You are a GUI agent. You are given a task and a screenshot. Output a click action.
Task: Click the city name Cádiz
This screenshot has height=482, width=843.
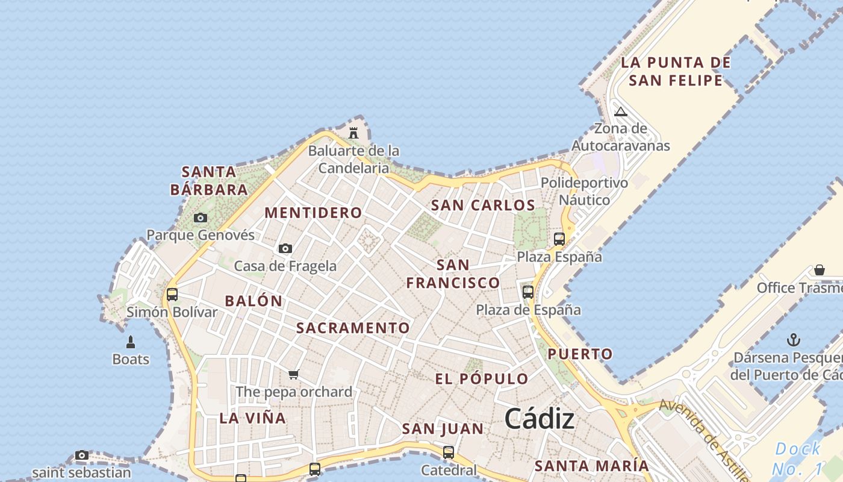click(540, 419)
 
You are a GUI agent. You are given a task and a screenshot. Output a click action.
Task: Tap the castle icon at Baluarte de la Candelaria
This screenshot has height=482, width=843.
click(353, 133)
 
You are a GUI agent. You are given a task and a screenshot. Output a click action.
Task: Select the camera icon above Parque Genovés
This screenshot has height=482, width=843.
click(201, 218)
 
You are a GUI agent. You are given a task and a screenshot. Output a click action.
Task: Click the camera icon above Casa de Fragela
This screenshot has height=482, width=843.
click(285, 248)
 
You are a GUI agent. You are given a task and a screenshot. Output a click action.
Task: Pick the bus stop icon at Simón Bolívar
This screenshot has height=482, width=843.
click(172, 295)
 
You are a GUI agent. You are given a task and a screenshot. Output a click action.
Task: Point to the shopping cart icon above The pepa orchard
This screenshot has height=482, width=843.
click(294, 374)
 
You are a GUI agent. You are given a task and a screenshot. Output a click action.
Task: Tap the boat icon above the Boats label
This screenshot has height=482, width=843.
click(131, 342)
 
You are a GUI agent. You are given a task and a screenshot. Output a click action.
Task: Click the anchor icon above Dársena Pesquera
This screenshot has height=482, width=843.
click(794, 340)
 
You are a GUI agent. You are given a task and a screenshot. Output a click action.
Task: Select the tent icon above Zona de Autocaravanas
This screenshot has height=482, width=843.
click(621, 111)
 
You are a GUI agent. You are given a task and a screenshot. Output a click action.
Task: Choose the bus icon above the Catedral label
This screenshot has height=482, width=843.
click(448, 452)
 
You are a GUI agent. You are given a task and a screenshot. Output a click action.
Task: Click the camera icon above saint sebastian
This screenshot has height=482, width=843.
click(82, 455)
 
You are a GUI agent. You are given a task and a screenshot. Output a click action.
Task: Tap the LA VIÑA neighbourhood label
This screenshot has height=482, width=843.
click(252, 418)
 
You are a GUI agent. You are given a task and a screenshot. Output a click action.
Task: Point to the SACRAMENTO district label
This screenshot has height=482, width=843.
click(353, 328)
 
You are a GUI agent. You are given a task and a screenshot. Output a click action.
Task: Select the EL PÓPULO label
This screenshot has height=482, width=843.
click(482, 379)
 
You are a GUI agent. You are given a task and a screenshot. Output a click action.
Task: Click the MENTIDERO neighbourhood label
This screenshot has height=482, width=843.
click(313, 213)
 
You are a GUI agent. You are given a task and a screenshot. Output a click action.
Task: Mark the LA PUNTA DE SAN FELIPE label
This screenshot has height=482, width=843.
click(676, 71)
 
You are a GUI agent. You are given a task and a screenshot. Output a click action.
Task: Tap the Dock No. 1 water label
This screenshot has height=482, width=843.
click(797, 458)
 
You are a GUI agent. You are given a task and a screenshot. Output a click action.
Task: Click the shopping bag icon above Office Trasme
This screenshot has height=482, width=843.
click(819, 269)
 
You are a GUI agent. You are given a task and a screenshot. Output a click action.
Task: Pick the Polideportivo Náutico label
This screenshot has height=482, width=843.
click(584, 191)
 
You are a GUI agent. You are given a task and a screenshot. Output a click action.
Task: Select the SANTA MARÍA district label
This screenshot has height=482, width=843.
click(592, 466)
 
